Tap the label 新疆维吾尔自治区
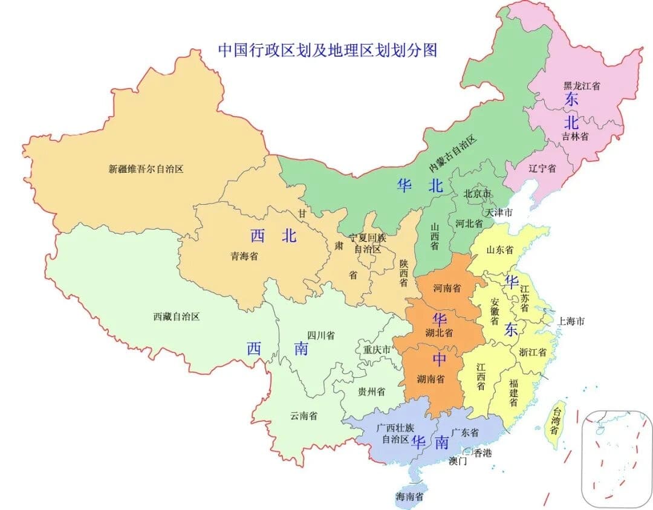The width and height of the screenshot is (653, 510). tap(146, 169)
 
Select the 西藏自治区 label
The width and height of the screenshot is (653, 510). tap(176, 316)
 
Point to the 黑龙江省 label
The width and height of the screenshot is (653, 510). tap(582, 87)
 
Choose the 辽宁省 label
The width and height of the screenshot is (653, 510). tap(542, 169)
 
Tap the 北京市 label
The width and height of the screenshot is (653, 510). tap(477, 194)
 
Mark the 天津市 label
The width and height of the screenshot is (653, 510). tap(499, 213)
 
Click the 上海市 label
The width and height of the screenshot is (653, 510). tap(571, 321)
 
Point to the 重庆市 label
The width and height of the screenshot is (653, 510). tap(377, 349)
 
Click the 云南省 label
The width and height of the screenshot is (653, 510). tap(304, 416)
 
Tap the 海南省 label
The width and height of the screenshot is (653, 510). tap(409, 497)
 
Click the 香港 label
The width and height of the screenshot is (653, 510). tap(482, 453)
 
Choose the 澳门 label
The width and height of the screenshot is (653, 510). tap(458, 461)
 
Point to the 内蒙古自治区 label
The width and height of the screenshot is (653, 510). tap(453, 154)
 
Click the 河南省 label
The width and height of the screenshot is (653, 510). tap(447, 288)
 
